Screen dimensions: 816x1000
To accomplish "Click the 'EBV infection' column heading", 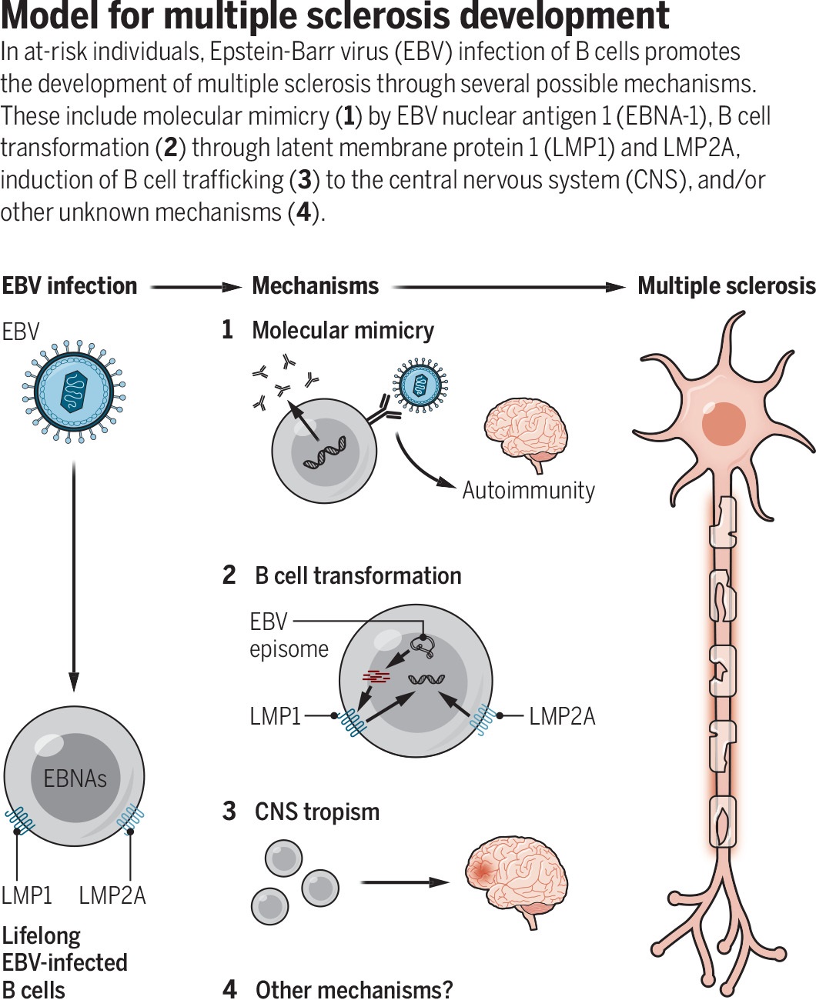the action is pos(70,286).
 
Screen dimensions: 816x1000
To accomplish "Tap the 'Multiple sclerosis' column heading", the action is pos(727,286).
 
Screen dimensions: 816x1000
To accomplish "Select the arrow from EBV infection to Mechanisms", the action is pos(196,287).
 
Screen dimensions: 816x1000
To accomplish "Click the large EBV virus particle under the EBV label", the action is pos(74,392).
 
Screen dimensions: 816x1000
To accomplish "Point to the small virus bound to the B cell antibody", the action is pos(420,385).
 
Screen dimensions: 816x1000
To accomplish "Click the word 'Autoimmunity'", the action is pos(529,491).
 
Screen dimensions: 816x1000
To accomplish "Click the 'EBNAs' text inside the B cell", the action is pos(75,778).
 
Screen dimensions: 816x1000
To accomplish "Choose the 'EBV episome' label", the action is pos(289,636).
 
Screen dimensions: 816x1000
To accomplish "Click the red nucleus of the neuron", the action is pos(724,424).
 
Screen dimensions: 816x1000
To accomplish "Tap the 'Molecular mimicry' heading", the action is pos(343,330).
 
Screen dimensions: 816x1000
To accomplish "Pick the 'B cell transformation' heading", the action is pos(358,575).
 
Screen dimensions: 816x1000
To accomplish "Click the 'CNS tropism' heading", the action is pos(317,812).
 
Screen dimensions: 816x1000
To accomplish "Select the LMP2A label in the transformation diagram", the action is pos(562,716).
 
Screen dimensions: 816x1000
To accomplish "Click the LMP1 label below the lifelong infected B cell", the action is pos(27,895).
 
